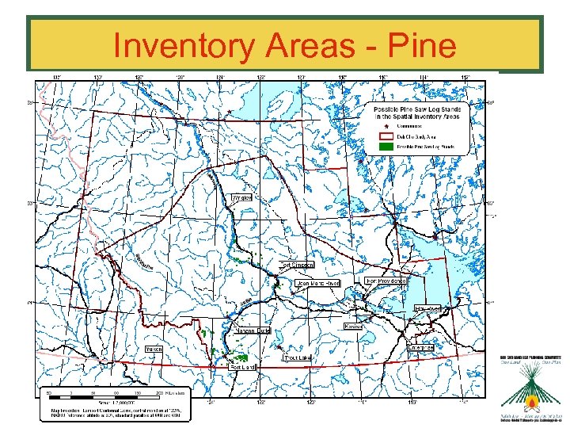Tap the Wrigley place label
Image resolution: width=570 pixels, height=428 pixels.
coord(241,197)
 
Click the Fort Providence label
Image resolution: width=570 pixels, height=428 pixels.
coord(386,281)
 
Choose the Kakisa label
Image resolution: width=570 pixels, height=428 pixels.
coord(353,326)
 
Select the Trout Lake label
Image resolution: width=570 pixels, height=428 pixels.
coord(298,357)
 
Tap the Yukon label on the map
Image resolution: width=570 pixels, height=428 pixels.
coord(154,348)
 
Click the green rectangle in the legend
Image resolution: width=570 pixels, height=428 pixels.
coord(386,147)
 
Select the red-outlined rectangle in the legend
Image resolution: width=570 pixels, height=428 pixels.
coord(386,136)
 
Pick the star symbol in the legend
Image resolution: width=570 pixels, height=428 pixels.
coord(386,125)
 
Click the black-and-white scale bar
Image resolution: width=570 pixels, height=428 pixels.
coord(103,392)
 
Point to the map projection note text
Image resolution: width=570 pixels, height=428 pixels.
coord(115,411)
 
